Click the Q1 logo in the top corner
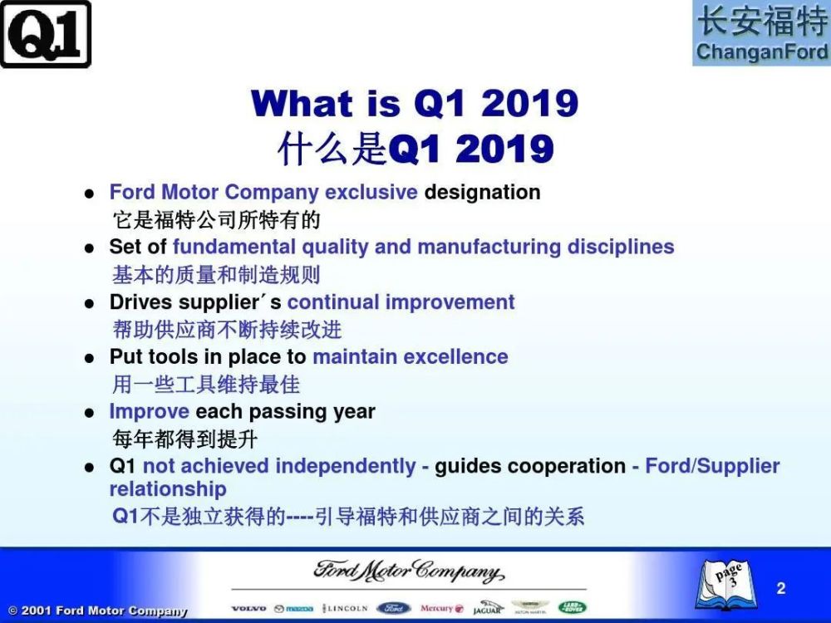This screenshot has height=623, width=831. [46, 34]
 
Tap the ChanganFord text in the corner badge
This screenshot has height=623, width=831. [761, 52]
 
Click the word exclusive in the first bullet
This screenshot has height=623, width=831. [371, 192]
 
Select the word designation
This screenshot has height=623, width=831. [482, 193]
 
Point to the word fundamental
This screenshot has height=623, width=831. [234, 247]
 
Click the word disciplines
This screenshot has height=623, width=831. [621, 247]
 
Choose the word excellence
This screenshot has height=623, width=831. [455, 356]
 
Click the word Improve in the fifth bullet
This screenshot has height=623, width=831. [149, 412]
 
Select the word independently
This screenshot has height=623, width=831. [346, 466]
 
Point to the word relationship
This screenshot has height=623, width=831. [168, 489]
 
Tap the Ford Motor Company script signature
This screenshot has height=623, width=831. [409, 571]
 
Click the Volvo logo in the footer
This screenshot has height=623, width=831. [248, 609]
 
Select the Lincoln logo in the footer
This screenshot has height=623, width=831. [345, 608]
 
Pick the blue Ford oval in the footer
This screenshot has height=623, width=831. [394, 608]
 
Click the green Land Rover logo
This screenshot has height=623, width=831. [573, 608]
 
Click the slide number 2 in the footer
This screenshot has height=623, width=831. [780, 588]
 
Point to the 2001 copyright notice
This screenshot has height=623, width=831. [98, 611]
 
